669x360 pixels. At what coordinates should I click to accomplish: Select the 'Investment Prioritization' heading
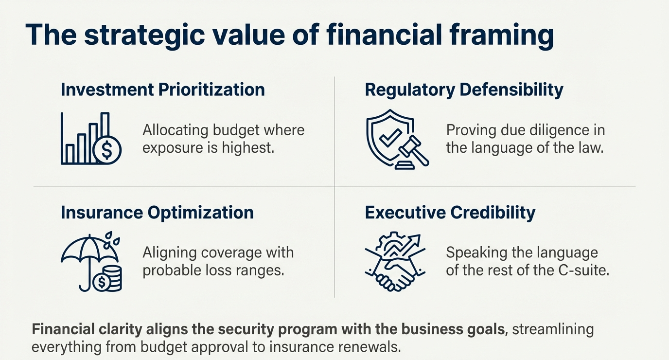click(163, 90)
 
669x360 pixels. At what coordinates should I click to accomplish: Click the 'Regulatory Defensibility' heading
click(464, 90)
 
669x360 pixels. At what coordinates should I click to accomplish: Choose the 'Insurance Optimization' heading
click(157, 213)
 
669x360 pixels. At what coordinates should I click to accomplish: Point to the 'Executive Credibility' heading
click(450, 213)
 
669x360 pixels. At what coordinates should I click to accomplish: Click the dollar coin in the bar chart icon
click(107, 150)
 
